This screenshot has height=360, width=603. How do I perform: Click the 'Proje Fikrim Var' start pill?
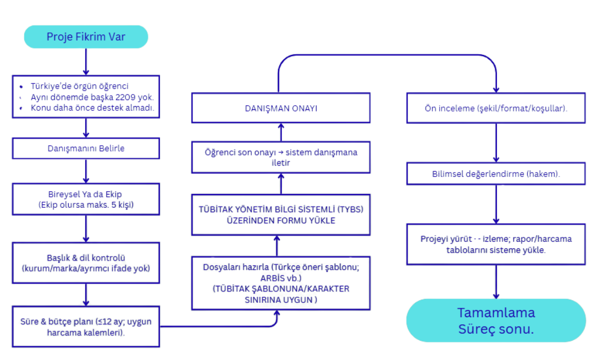pyautogui.click(x=86, y=37)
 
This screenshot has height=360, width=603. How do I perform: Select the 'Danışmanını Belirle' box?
pyautogui.click(x=86, y=148)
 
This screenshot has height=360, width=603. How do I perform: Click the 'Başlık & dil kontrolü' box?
pyautogui.click(x=86, y=263)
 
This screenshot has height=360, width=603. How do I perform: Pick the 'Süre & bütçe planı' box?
pyautogui.click(x=86, y=326)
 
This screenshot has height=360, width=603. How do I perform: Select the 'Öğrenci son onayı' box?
pyautogui.click(x=280, y=158)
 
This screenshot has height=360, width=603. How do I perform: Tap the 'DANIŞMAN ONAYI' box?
pyautogui.click(x=280, y=108)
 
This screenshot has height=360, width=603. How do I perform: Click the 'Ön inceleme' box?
pyautogui.click(x=496, y=108)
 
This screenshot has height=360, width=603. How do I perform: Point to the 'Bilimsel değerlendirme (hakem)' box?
pyautogui.click(x=496, y=174)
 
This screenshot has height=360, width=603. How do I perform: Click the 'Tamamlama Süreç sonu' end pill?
pyautogui.click(x=496, y=321)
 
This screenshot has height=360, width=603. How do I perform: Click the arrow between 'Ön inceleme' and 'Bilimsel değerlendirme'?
pyautogui.click(x=496, y=143)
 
